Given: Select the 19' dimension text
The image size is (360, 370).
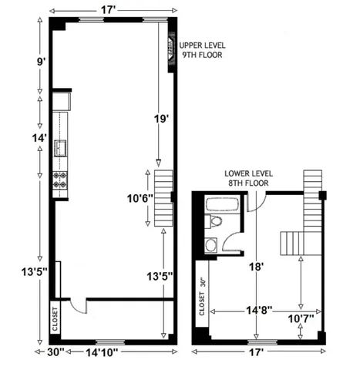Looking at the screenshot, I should pyautogui.click(x=160, y=119).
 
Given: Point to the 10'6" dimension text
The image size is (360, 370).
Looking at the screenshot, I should pyautogui.click(x=141, y=198).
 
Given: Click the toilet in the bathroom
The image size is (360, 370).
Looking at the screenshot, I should pyautogui.click(x=216, y=224).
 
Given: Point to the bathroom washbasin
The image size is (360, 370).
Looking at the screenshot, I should pyautogui.click(x=211, y=246).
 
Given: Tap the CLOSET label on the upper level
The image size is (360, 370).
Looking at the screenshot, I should pyautogui.click(x=55, y=318).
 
